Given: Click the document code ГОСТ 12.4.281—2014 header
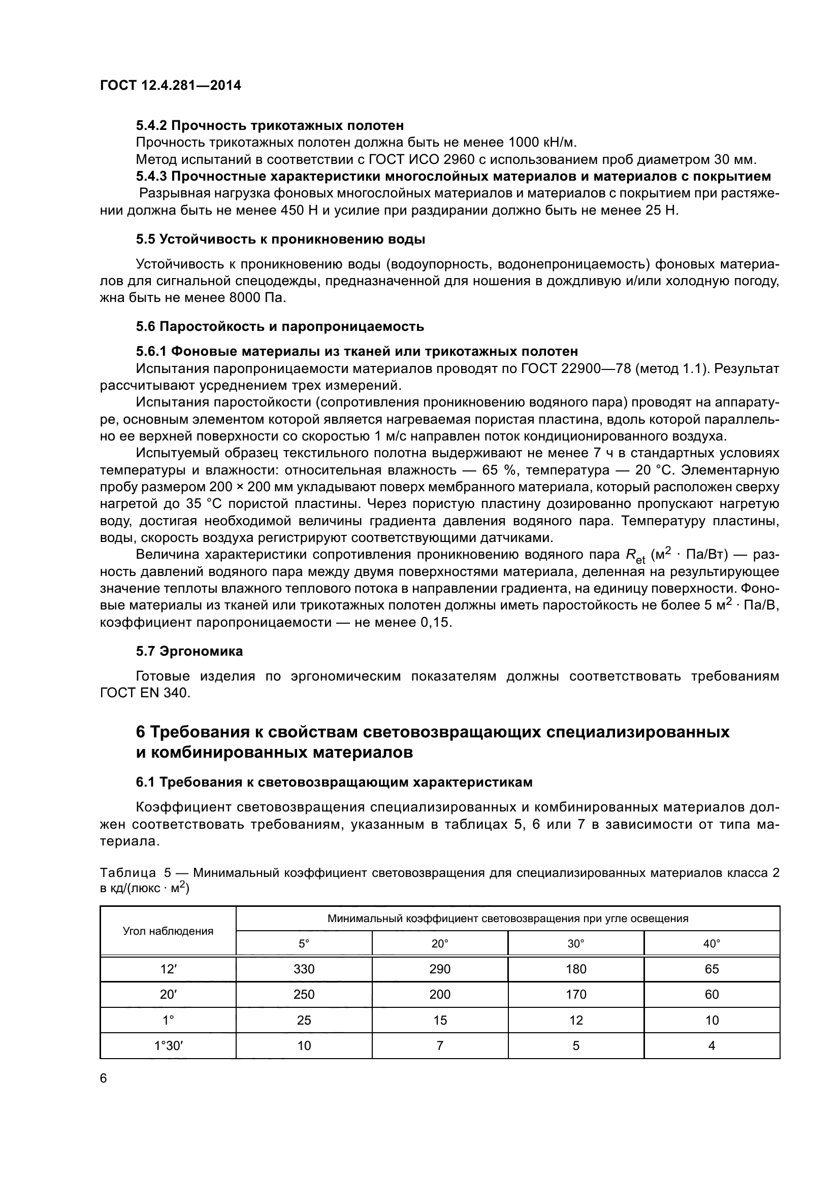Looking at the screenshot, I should pyautogui.click(x=170, y=86).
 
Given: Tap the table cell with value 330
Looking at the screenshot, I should pyautogui.click(x=304, y=969).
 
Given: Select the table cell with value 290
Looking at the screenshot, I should pyautogui.click(x=440, y=969).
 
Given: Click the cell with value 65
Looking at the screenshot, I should pyautogui.click(x=712, y=969).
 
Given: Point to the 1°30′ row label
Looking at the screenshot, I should pyautogui.click(x=168, y=1046).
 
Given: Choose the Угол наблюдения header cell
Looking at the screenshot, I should pyautogui.click(x=168, y=931).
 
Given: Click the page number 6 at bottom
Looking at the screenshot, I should pyautogui.click(x=104, y=1078).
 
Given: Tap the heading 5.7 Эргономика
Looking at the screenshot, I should pyautogui.click(x=189, y=652).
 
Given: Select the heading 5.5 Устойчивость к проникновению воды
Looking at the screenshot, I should pyautogui.click(x=280, y=240).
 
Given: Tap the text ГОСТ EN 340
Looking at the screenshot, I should pyautogui.click(x=145, y=693).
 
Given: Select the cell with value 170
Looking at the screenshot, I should pyautogui.click(x=576, y=995).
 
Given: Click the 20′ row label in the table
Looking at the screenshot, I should pyautogui.click(x=168, y=995).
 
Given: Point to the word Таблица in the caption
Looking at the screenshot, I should pyautogui.click(x=128, y=873).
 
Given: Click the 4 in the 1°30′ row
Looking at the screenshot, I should pyautogui.click(x=712, y=1046).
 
